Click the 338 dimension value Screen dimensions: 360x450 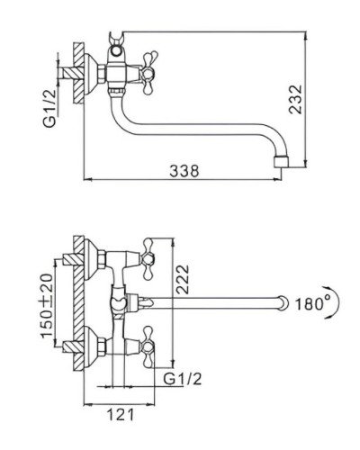click(184, 171)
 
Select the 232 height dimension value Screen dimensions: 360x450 click(295, 99)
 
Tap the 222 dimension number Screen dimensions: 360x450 click(183, 279)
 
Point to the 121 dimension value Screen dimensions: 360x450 click(121, 415)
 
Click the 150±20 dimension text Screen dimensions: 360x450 click(47, 306)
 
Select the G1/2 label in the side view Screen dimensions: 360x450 click(50, 108)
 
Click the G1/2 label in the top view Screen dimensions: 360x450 click(183, 379)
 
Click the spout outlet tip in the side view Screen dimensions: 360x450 click(282, 161)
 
